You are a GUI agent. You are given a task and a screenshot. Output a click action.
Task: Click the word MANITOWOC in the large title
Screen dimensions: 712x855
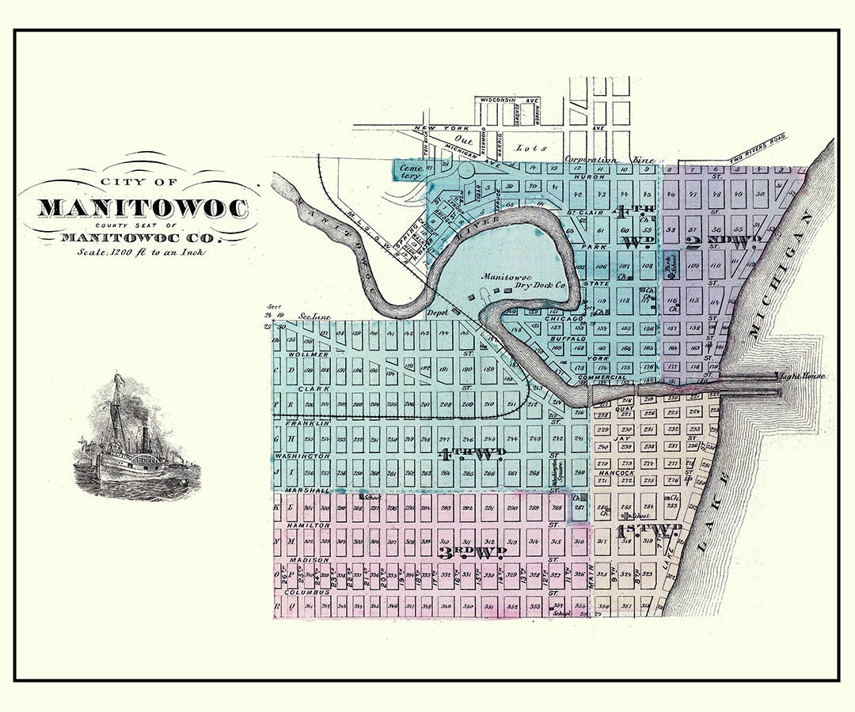(x=142, y=208)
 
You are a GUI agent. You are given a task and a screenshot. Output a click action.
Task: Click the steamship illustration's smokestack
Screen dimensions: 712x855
(x=145, y=437)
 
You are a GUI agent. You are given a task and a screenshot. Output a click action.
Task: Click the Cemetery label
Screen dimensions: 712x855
(x=409, y=172)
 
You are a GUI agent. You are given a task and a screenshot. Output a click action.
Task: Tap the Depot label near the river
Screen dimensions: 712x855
(x=438, y=312)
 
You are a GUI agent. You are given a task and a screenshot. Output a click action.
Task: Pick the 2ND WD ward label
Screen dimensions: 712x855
(x=723, y=242)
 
